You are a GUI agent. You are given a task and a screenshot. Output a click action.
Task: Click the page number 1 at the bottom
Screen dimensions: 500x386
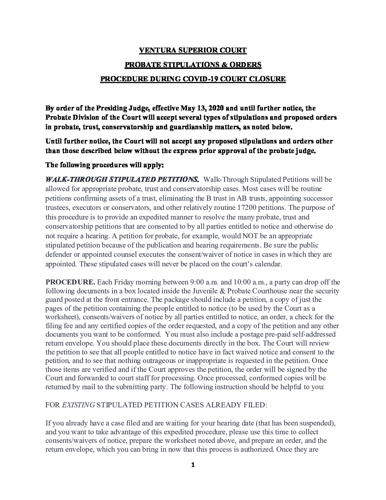[193, 465]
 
